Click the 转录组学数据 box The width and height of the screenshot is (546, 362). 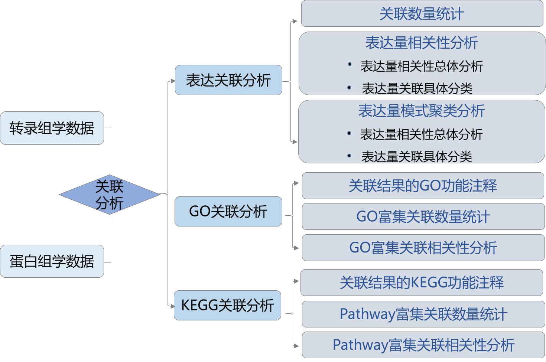point(52,128)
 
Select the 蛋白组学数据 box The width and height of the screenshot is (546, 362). point(52,261)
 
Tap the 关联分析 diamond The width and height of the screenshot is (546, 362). point(109,195)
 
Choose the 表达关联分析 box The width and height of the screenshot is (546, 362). point(228,80)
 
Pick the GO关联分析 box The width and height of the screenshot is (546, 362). point(228,212)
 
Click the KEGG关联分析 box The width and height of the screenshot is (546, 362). point(227,306)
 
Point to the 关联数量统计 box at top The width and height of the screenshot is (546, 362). point(422,14)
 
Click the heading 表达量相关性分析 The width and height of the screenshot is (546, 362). point(422,43)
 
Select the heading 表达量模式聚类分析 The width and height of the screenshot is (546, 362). point(422,111)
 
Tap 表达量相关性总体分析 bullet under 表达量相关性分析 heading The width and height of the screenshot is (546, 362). point(422,66)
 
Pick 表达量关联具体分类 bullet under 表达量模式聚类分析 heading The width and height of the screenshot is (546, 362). point(417,157)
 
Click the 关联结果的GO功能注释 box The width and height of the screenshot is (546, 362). point(423,186)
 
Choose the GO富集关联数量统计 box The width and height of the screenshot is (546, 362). point(423,216)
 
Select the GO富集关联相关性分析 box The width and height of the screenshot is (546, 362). point(423,248)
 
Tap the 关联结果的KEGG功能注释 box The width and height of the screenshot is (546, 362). point(422,283)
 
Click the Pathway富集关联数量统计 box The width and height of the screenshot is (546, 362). point(423,314)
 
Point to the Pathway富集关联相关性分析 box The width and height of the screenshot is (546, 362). point(423,345)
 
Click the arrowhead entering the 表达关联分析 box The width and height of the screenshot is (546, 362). point(172,81)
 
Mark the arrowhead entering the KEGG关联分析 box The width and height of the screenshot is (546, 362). point(172,306)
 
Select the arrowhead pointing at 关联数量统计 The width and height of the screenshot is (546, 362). point(295,21)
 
